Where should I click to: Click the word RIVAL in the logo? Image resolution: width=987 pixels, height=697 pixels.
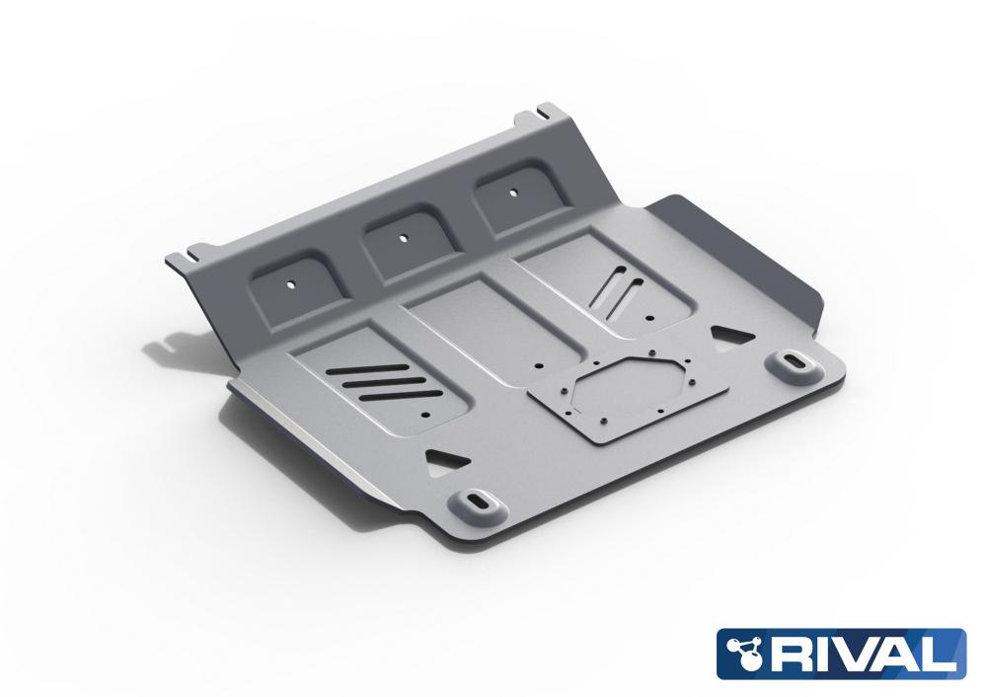point(861,654)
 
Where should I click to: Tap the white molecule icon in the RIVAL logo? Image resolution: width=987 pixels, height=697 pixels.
point(745,653)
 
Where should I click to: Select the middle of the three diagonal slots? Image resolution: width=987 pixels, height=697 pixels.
point(376,382)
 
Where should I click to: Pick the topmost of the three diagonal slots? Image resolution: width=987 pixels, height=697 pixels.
point(358,369)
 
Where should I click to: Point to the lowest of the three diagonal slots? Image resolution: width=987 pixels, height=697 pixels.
point(402,396)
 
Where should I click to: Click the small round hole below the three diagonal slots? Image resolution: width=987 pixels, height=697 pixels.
point(426,416)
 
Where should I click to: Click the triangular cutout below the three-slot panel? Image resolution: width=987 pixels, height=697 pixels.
point(447,457)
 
